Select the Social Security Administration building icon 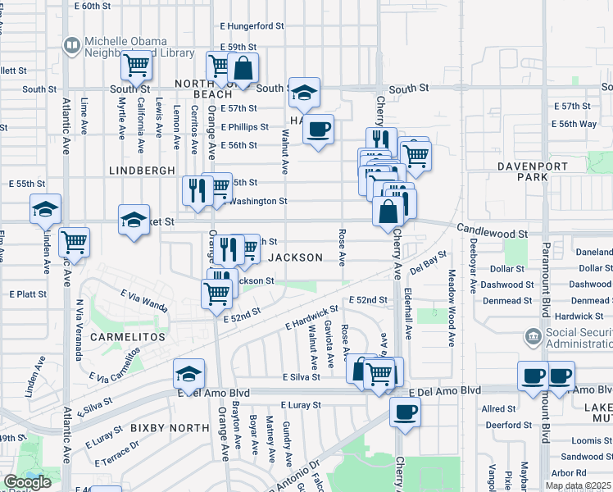coord(533,336)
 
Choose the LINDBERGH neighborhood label coord(142,170)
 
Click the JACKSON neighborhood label coord(295,257)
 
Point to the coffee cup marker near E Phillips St coord(319,128)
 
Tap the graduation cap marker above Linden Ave coord(46,209)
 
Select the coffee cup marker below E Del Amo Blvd coord(403,412)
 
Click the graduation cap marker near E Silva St coord(188,374)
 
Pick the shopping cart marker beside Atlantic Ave coord(74,241)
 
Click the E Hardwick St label coord(311,320)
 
